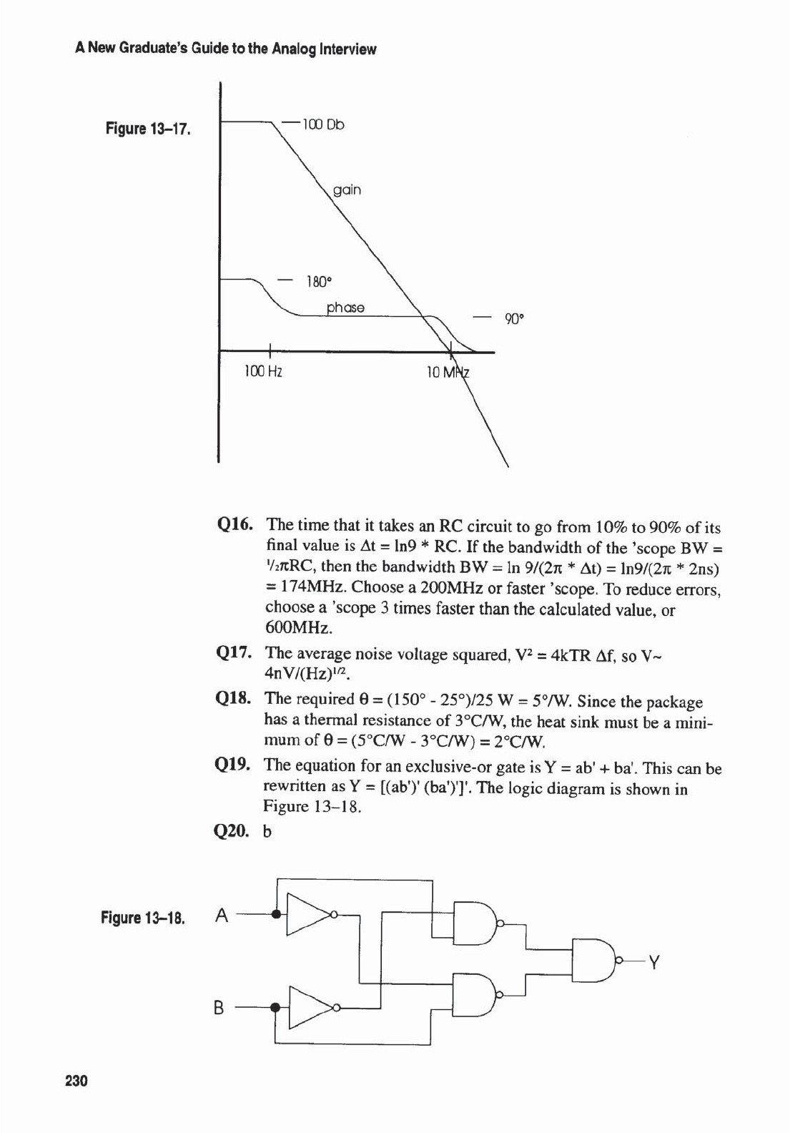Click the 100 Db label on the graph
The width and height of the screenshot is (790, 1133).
tap(323, 124)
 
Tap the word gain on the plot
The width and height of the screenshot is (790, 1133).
tap(347, 190)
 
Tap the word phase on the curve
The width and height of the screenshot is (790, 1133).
tap(345, 308)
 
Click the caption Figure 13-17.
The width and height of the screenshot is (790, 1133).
tap(148, 129)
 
